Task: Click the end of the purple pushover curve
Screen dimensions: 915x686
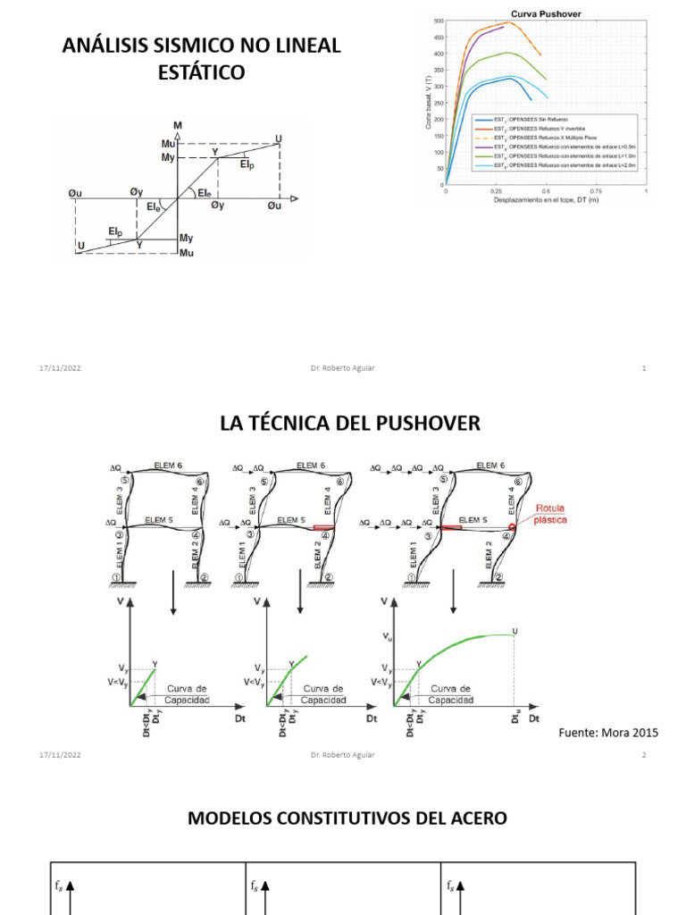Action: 504,27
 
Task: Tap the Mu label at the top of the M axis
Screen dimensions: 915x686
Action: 168,144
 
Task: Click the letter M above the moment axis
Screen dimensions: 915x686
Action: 178,124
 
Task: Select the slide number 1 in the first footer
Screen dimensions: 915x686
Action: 644,368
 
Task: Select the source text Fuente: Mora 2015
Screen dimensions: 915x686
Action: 607,733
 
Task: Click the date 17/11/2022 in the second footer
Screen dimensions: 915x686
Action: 60,755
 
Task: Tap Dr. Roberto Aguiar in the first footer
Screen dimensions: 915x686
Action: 343,368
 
